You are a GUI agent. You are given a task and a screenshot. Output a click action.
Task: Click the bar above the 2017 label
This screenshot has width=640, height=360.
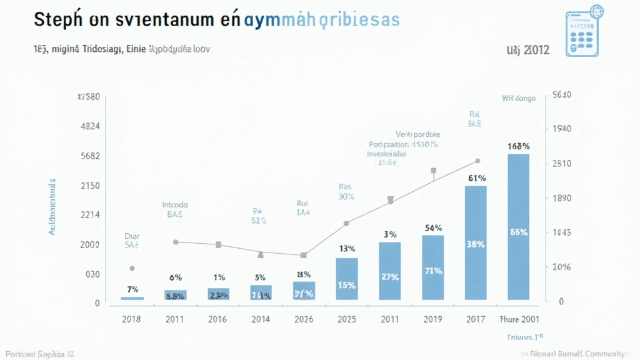pyautogui.click(x=476, y=243)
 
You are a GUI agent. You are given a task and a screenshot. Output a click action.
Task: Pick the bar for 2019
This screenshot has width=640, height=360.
pyautogui.click(x=432, y=267)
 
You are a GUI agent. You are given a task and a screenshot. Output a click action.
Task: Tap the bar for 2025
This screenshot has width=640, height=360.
pyautogui.click(x=347, y=279)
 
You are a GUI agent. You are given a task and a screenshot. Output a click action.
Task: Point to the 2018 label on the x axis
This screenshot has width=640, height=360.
pyautogui.click(x=131, y=319)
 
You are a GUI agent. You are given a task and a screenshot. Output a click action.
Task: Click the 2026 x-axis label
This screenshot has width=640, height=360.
pyautogui.click(x=304, y=319)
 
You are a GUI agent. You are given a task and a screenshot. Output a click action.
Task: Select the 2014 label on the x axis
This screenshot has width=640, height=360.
pyautogui.click(x=261, y=319)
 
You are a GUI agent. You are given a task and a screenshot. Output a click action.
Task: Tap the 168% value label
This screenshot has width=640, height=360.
pyautogui.click(x=519, y=146)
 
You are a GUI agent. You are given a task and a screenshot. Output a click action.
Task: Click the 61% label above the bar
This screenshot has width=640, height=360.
pyautogui.click(x=477, y=178)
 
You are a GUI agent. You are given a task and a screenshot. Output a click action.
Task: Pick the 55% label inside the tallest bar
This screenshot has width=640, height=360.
pyautogui.click(x=519, y=232)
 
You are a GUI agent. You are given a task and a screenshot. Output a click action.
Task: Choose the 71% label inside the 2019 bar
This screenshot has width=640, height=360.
pyautogui.click(x=433, y=271)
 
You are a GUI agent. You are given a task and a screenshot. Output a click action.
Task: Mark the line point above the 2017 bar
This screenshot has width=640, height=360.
pyautogui.click(x=477, y=161)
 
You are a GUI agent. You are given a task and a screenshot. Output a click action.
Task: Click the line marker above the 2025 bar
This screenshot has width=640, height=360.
pyautogui.click(x=346, y=223)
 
